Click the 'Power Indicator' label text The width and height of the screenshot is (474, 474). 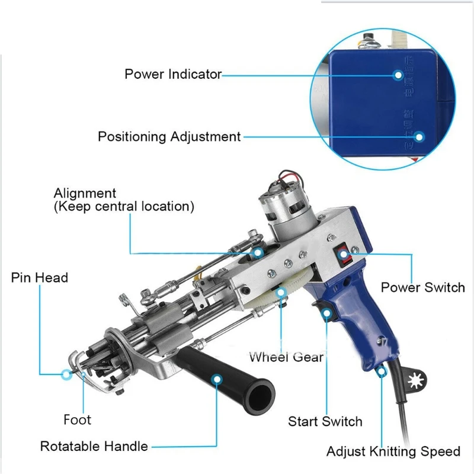click(x=172, y=75)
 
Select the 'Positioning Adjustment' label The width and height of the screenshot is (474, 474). click(x=169, y=136)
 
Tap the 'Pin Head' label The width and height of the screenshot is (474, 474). click(x=39, y=278)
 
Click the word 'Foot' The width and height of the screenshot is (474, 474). click(x=78, y=420)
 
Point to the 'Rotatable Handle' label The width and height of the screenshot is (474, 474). click(x=94, y=446)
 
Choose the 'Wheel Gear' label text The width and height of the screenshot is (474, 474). click(x=286, y=357)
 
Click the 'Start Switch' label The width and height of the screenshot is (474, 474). click(x=325, y=422)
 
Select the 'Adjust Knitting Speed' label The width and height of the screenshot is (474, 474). click(x=393, y=451)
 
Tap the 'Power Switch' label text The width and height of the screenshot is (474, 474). click(x=422, y=288)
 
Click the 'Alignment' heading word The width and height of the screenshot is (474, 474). click(x=85, y=193)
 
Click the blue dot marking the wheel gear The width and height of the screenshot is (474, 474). click(x=280, y=291)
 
